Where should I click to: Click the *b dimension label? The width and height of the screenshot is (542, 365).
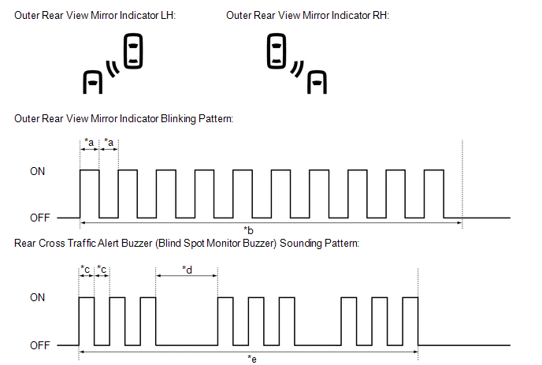pyautogui.click(x=249, y=230)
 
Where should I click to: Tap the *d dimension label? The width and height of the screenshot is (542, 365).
pyautogui.click(x=187, y=270)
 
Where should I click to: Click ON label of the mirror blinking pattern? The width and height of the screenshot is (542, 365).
pyautogui.click(x=37, y=169)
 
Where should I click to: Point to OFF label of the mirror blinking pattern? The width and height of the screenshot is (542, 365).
pyautogui.click(x=39, y=218)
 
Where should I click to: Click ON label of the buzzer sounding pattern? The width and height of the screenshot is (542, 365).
pyautogui.click(x=37, y=298)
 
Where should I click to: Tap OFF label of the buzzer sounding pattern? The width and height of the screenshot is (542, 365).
pyautogui.click(x=39, y=345)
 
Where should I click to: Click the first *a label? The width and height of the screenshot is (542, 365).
pyautogui.click(x=89, y=142)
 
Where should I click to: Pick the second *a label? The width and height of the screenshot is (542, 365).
pyautogui.click(x=109, y=142)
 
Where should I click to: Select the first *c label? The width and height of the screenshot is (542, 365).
pyautogui.click(x=86, y=270)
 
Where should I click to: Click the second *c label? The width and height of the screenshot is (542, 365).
pyautogui.click(x=102, y=270)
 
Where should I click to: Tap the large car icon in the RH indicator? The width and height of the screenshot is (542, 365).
pyautogui.click(x=277, y=51)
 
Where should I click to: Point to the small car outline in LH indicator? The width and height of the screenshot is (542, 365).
pyautogui.click(x=93, y=81)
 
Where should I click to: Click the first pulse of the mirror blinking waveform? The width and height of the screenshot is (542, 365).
pyautogui.click(x=89, y=193)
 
